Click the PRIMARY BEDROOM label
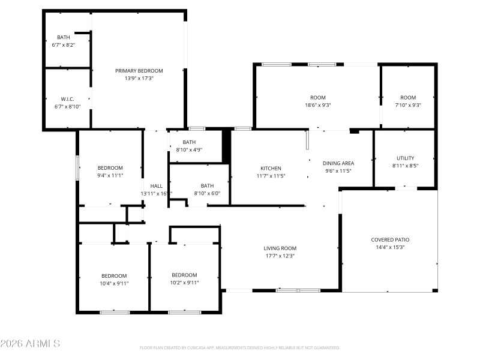(139, 71)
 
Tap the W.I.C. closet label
(67, 99)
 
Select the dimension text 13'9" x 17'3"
(139, 78)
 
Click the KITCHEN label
(271, 168)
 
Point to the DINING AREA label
(338, 163)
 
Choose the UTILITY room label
(406, 158)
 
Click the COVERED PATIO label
(390, 239)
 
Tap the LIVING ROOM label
(280, 248)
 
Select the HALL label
(156, 186)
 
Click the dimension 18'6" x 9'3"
(317, 105)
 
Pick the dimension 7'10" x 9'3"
(408, 105)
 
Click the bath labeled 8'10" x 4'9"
(190, 149)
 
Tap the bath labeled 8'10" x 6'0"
(207, 193)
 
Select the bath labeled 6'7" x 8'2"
(63, 45)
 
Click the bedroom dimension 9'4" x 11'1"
(110, 175)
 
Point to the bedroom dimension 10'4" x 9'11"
(113, 283)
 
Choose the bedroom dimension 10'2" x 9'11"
(184, 283)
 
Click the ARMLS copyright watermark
(30, 344)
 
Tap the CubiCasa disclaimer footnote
(240, 347)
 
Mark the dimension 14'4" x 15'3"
(390, 247)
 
